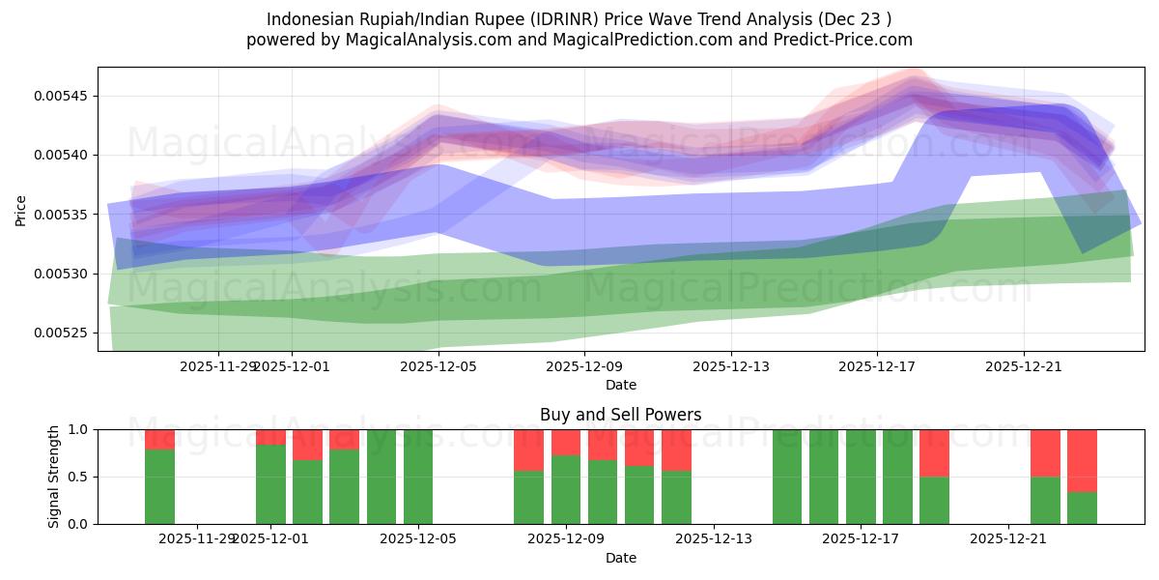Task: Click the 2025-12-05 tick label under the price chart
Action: coord(438,366)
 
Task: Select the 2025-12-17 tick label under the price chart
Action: coord(877,366)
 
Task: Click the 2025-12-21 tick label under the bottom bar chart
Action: coord(1008,539)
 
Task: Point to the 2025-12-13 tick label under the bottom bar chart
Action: coord(713,539)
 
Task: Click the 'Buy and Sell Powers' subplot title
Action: coord(620,415)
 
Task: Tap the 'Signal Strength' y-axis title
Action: coord(54,477)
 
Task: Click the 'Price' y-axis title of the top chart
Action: coord(21,210)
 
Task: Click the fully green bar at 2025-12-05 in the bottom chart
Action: coord(418,477)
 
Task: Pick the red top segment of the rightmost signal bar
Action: coord(1082,460)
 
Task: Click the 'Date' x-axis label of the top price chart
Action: coord(620,385)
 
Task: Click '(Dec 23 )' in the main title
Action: coord(853,19)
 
